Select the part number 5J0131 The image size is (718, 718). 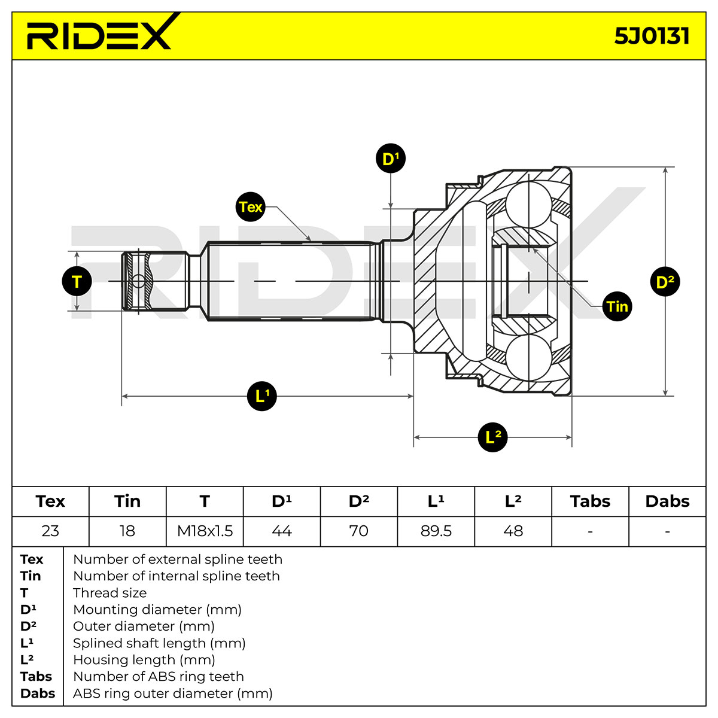652,36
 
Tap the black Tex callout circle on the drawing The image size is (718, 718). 250,207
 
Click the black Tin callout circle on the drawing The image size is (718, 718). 617,306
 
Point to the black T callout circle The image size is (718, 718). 77,281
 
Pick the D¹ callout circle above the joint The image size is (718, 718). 391,159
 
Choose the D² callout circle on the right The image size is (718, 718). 665,282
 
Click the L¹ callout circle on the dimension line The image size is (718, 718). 262,396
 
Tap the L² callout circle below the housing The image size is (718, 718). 492,437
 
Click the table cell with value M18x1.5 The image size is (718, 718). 205,531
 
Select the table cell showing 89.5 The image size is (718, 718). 436,531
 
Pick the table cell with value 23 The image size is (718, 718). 50,531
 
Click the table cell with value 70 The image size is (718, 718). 359,531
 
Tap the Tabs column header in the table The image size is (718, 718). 590,501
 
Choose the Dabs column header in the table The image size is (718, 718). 667,501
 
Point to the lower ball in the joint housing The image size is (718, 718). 529,357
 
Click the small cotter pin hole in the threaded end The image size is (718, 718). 138,281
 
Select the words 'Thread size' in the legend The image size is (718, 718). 110,593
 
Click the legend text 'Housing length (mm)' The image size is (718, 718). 144,660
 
